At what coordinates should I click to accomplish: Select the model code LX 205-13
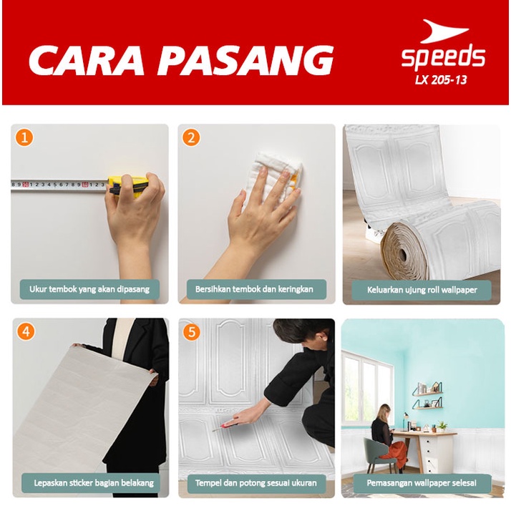[441, 79]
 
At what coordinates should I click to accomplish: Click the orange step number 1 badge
[25, 137]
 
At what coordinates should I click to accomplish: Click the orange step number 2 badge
[191, 137]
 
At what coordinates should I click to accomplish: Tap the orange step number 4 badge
[25, 331]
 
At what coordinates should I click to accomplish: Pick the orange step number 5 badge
[191, 331]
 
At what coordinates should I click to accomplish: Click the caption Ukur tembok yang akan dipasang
[89, 290]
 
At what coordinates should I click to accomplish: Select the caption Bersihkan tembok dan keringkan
[255, 290]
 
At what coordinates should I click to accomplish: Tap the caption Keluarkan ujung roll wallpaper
[421, 290]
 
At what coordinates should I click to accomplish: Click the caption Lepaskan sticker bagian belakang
[89, 483]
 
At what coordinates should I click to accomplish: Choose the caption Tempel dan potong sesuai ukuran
[255, 483]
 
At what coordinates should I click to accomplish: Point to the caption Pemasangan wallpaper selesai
[421, 483]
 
